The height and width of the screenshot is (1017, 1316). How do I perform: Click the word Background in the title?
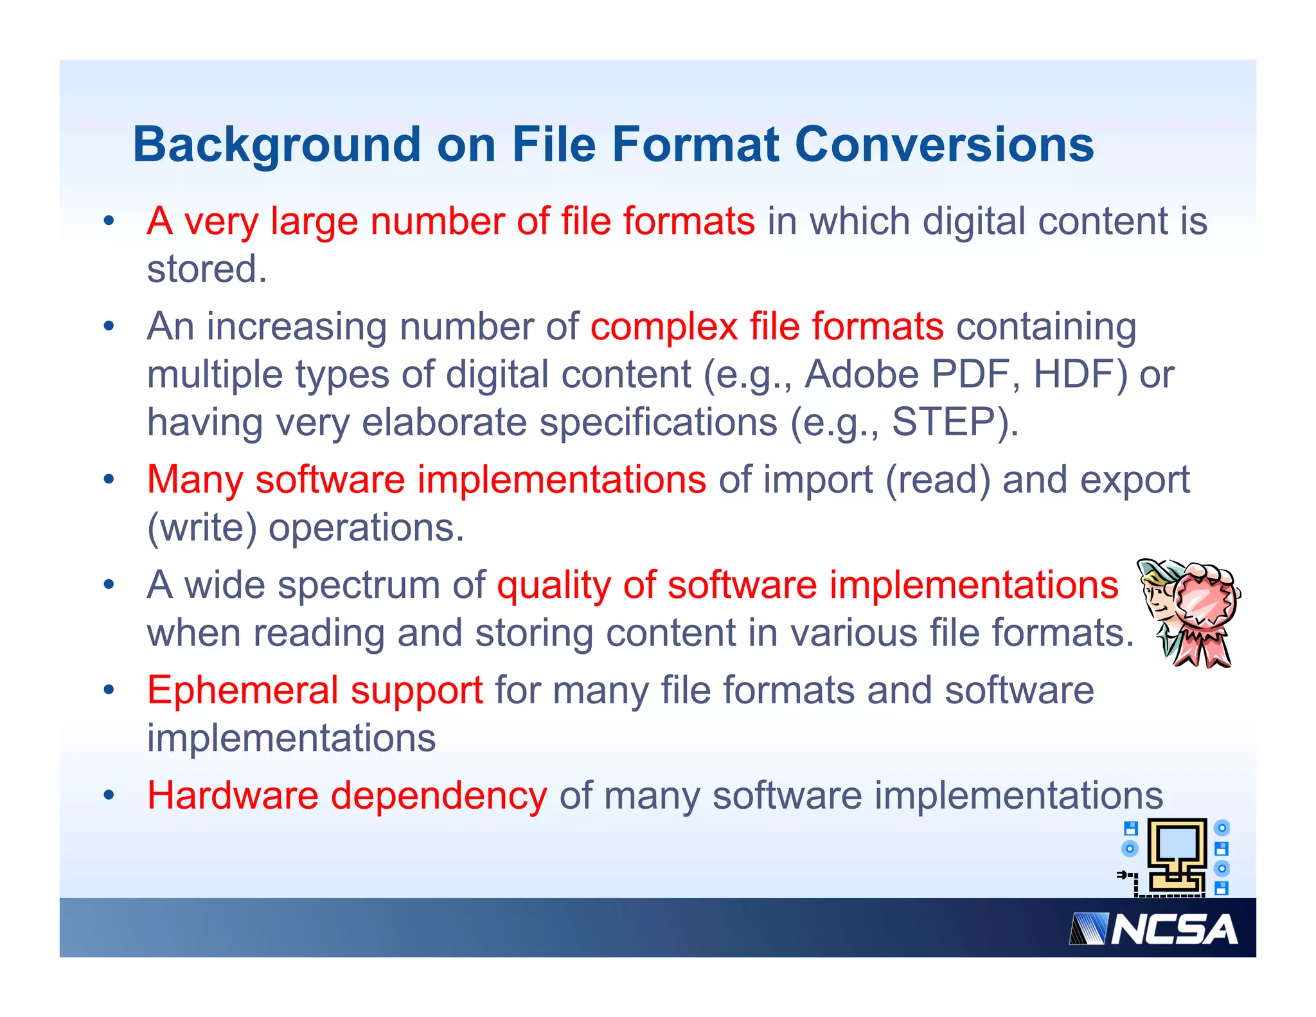click(277, 145)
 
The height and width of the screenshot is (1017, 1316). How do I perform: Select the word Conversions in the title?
click(944, 145)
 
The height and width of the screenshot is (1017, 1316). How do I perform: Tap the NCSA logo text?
click(1173, 930)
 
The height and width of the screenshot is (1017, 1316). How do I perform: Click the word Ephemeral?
click(242, 690)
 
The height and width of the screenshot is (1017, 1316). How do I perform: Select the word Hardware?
click(233, 796)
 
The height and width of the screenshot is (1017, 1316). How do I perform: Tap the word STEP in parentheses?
click(944, 422)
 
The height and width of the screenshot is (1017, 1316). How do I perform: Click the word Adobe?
click(862, 375)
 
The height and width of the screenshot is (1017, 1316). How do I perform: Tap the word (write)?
click(202, 528)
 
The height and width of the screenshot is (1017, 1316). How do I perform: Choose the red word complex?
click(664, 327)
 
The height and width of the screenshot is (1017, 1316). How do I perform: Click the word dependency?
click(439, 796)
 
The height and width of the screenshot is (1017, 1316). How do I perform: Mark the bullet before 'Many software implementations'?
click(109, 480)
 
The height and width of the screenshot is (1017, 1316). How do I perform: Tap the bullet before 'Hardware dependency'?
click(109, 795)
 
